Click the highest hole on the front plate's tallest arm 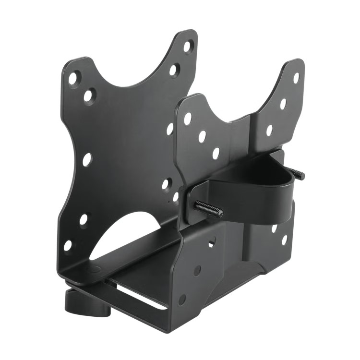tap(296, 77)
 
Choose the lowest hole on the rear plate tap(68, 245)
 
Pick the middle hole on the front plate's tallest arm tap(283, 103)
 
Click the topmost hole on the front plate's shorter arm tap(187, 118)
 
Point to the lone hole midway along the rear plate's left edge tap(87, 159)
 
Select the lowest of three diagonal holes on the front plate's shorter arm tap(216, 153)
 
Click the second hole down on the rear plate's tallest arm tap(174, 70)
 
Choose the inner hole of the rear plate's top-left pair tap(89, 96)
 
